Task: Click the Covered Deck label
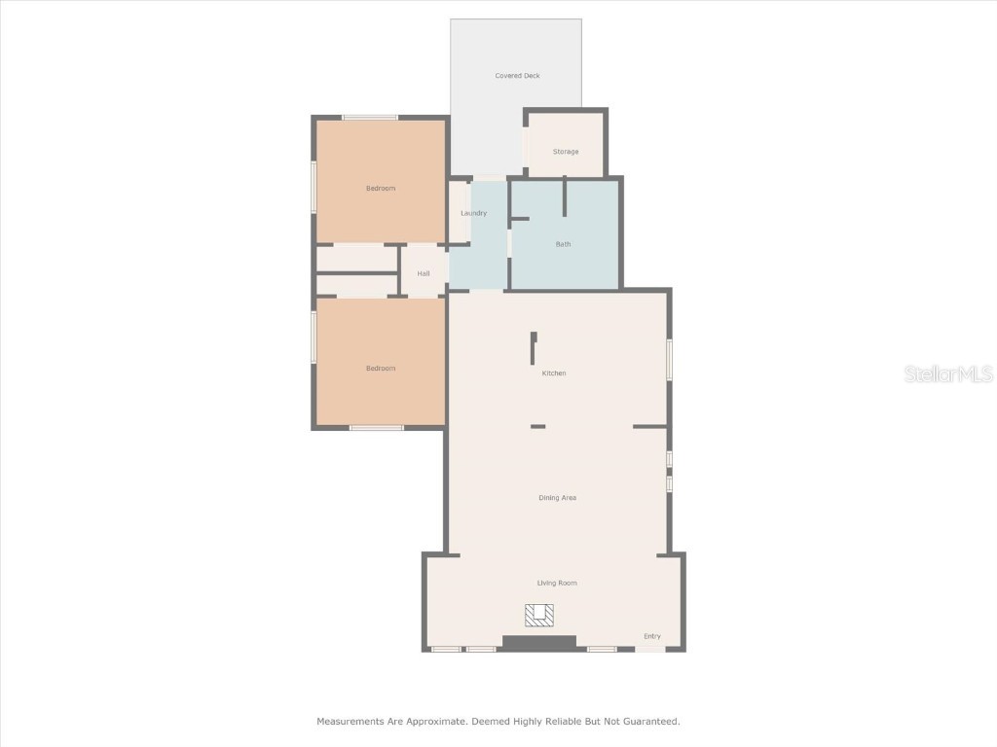(x=517, y=76)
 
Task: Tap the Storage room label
(x=566, y=152)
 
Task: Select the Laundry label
(x=473, y=213)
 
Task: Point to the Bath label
(x=564, y=244)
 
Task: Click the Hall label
(x=424, y=273)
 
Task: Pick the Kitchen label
(x=554, y=373)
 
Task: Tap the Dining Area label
(x=558, y=498)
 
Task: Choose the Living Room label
(x=557, y=583)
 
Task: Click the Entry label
(x=652, y=636)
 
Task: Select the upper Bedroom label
(x=381, y=188)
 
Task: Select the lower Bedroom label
(x=381, y=368)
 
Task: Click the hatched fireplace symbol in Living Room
(x=539, y=615)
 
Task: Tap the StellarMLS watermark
(x=948, y=374)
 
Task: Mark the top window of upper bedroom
(x=370, y=118)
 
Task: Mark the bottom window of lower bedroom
(x=377, y=428)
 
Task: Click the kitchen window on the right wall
(x=669, y=360)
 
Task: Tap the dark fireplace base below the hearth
(x=539, y=642)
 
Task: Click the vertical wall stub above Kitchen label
(x=534, y=348)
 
